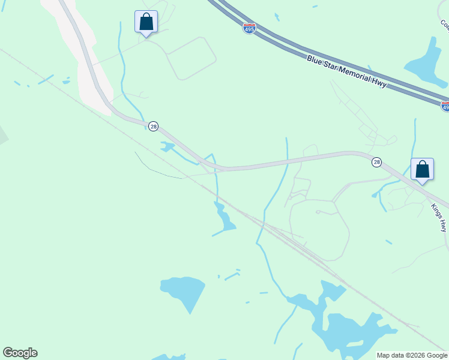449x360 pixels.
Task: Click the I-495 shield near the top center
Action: (x=249, y=28)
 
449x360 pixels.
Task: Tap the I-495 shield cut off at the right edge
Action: (x=445, y=106)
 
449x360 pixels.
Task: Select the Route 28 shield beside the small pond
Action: (x=154, y=126)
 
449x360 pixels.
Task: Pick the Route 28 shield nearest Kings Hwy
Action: (x=376, y=162)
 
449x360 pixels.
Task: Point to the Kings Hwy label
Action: (x=440, y=218)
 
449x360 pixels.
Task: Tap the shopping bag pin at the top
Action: (x=146, y=23)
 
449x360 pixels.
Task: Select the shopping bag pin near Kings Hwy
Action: (x=423, y=170)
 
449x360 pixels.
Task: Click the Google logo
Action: (x=20, y=353)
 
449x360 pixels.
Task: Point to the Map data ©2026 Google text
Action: (x=412, y=355)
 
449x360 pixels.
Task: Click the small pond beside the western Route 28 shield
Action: (x=166, y=146)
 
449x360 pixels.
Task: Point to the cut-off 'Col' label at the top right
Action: (x=445, y=25)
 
